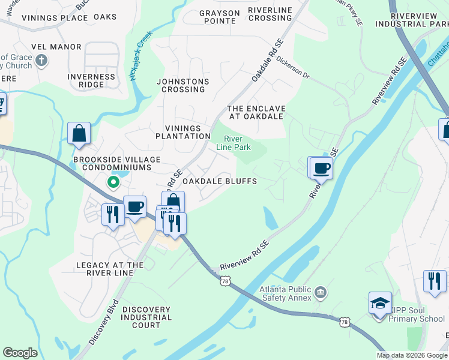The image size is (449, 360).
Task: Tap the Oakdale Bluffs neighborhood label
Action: point(220,181)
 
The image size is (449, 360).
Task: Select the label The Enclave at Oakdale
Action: point(256,112)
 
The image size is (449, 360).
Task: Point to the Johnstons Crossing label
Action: point(182,85)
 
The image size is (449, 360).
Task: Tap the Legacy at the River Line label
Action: point(110,269)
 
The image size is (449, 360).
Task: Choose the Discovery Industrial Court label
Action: point(146,317)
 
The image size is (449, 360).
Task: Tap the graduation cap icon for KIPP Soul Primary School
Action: point(381,303)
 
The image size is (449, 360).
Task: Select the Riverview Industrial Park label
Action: point(418,19)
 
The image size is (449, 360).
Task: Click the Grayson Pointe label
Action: point(219,17)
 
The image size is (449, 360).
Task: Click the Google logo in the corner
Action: point(20,353)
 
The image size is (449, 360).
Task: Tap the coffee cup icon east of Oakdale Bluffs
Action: point(321,168)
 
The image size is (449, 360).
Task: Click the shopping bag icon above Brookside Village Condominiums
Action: point(79,133)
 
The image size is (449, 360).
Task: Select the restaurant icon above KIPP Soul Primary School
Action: point(435,281)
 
